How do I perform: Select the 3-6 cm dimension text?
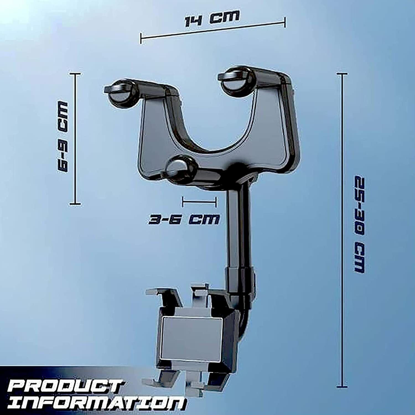(184, 220)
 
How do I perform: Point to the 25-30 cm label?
(360, 224)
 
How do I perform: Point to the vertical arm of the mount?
(238, 227)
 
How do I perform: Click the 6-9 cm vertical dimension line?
(75, 138)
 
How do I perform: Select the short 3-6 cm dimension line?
(199, 202)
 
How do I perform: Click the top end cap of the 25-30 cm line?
(343, 74)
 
